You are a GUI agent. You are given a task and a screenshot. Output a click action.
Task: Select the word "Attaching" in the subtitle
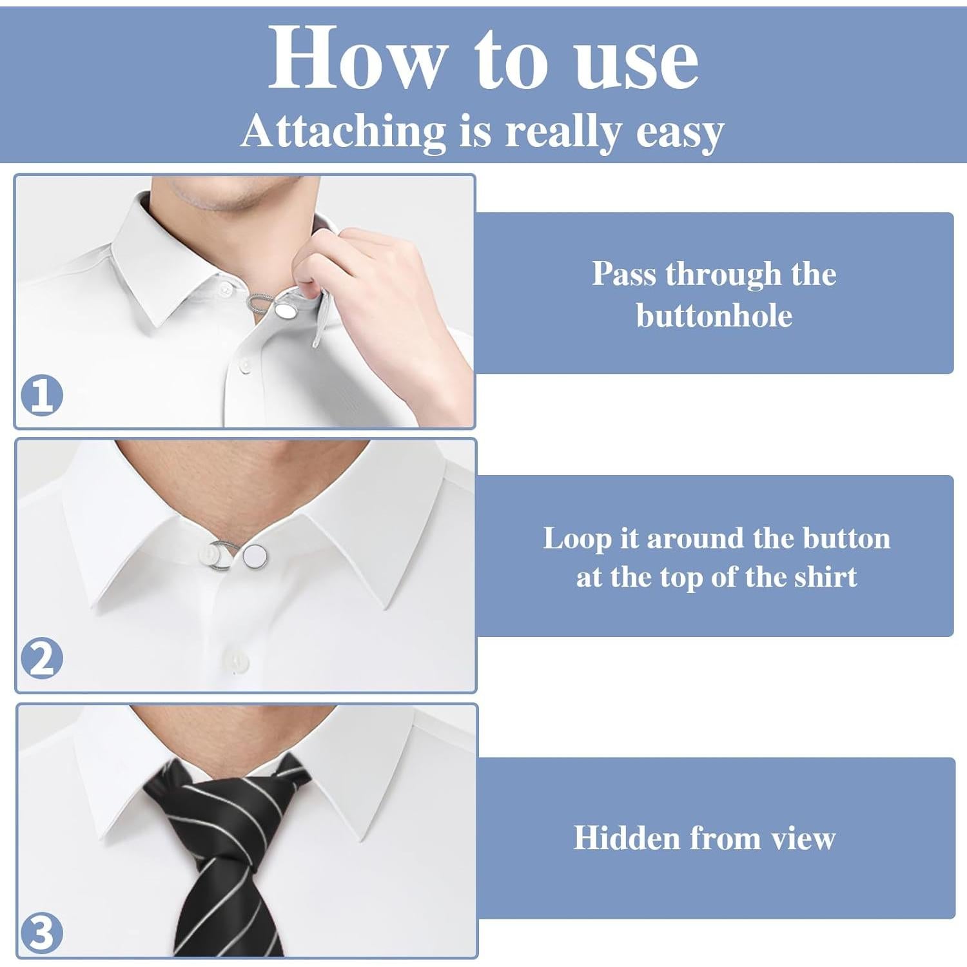click(344, 132)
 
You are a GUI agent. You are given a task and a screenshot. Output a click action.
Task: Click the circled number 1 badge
click(42, 395)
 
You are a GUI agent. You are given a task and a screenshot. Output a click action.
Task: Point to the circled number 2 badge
click(42, 658)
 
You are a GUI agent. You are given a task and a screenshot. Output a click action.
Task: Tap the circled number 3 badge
click(42, 933)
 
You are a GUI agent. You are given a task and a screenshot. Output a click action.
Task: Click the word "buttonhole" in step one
click(714, 316)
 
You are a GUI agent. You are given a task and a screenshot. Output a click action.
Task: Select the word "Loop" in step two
click(576, 539)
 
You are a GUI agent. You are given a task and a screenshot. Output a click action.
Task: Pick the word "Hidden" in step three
click(626, 838)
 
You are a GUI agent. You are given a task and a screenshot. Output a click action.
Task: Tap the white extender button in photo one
click(285, 311)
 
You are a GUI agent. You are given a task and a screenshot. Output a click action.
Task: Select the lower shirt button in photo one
click(245, 366)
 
